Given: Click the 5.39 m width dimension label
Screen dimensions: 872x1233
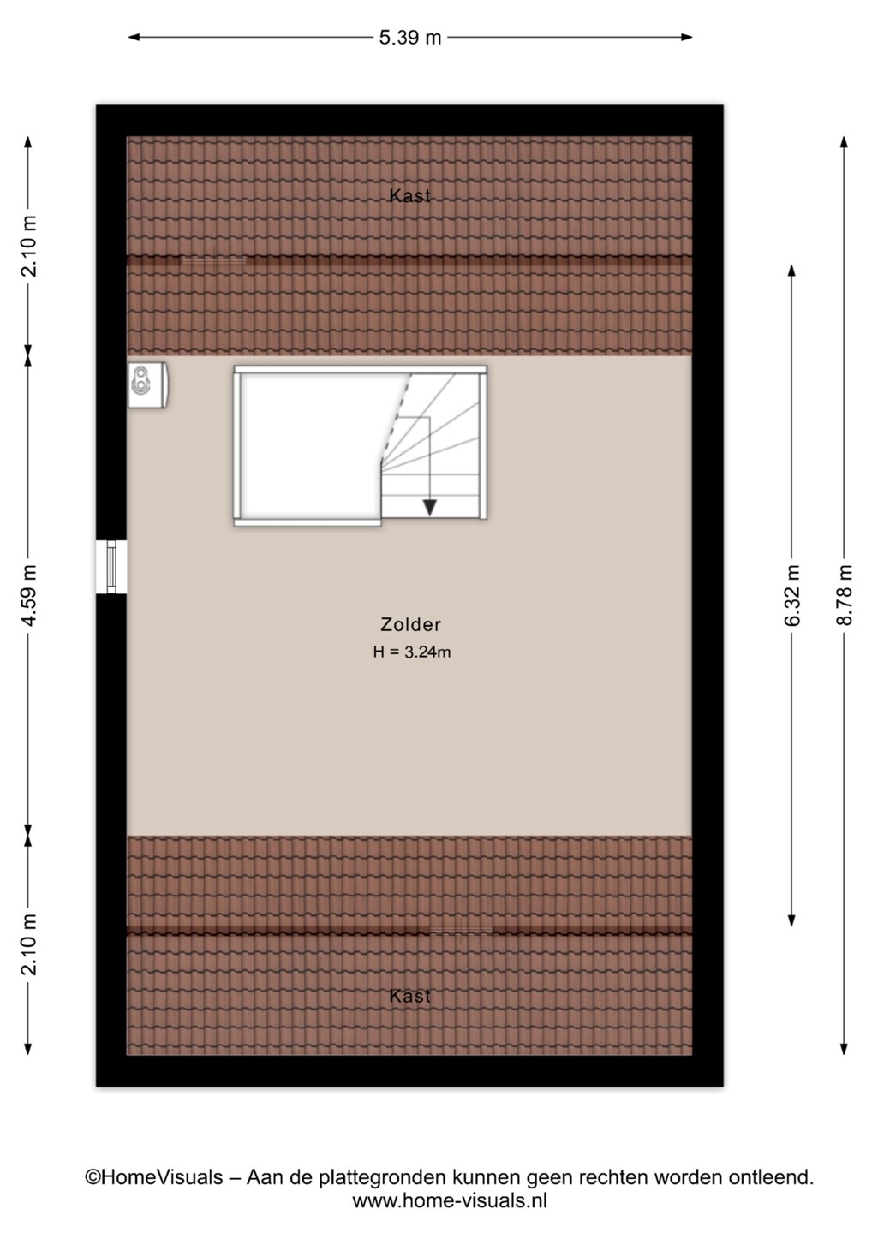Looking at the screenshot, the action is (x=410, y=38).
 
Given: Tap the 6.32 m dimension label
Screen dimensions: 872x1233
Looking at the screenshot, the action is (x=791, y=595).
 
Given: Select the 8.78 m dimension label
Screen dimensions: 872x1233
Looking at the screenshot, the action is (x=844, y=595).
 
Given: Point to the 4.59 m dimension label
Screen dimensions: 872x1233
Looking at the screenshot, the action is (x=28, y=595).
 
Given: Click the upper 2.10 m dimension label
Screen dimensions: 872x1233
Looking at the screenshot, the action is (x=28, y=246).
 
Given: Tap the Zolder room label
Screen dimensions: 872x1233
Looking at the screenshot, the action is (x=410, y=624).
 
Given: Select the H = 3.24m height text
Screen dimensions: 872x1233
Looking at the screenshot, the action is (x=412, y=652).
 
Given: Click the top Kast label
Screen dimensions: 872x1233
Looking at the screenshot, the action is (x=410, y=195).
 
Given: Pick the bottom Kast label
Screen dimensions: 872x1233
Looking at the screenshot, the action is (x=410, y=996).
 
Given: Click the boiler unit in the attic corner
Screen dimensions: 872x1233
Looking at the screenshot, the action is (x=147, y=385).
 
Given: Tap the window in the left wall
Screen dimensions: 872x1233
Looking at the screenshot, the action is (x=111, y=567).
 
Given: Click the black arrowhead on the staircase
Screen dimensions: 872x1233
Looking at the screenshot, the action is (x=429, y=508).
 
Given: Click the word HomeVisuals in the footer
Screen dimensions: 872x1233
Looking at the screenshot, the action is (x=162, y=1178).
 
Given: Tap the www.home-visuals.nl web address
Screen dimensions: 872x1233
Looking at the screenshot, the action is (x=450, y=1200).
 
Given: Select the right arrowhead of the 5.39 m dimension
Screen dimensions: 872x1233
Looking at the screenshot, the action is (x=686, y=38).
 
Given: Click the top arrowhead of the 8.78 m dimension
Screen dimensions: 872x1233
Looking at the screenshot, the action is (x=844, y=142).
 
